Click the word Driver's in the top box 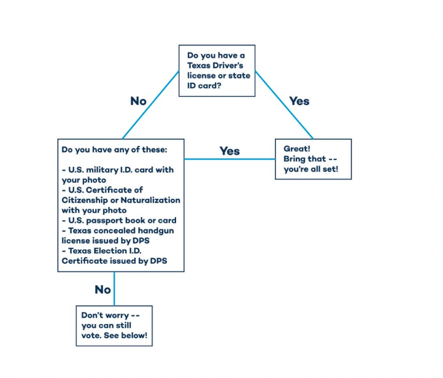[228, 66]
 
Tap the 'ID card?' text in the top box [204, 85]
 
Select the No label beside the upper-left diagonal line [139, 101]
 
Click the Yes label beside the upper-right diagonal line [299, 101]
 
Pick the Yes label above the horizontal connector [229, 151]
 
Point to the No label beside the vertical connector [103, 290]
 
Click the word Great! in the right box [297, 148]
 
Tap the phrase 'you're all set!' [311, 169]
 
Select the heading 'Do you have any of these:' [114, 150]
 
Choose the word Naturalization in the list [150, 200]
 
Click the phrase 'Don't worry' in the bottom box [105, 315]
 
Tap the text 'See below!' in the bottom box [125, 335]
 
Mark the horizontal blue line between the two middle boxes [229, 159]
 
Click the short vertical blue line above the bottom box [114, 289]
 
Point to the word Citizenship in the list [85, 200]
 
